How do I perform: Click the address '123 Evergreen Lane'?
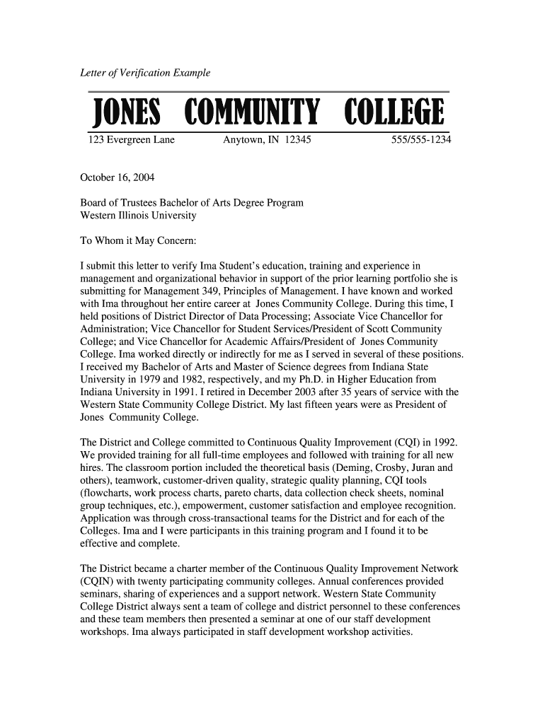[x=131, y=141]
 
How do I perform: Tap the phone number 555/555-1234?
[x=422, y=141]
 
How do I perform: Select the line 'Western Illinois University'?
[x=138, y=215]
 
